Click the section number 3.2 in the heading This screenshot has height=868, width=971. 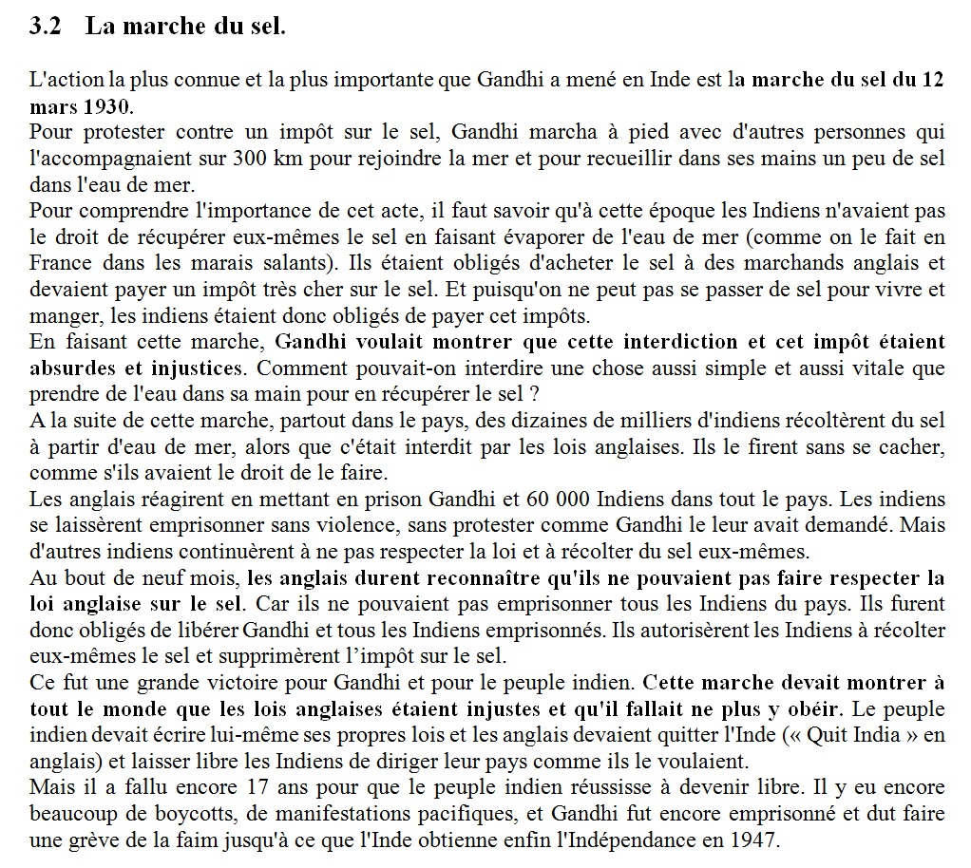tap(46, 27)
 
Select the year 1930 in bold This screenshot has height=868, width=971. tap(107, 104)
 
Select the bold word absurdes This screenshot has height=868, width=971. tap(68, 367)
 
